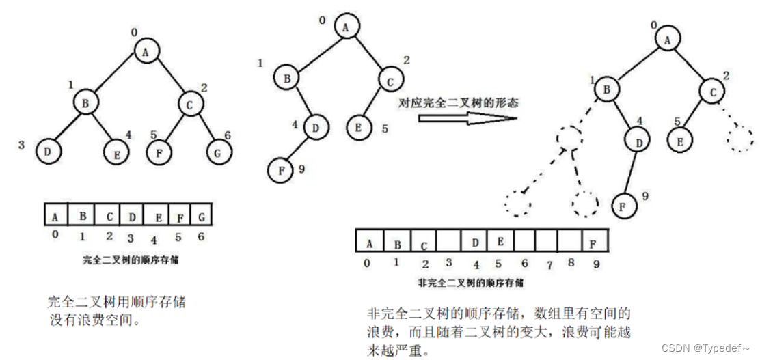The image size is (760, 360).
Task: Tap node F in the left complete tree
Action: [x=160, y=152]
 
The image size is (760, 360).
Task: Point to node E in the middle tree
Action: [x=359, y=126]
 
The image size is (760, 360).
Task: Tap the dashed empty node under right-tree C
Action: [x=739, y=140]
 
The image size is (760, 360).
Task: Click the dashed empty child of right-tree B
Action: [x=569, y=139]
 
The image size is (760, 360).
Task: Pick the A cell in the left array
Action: [x=55, y=217]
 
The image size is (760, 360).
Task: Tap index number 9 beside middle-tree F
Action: [x=301, y=169]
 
